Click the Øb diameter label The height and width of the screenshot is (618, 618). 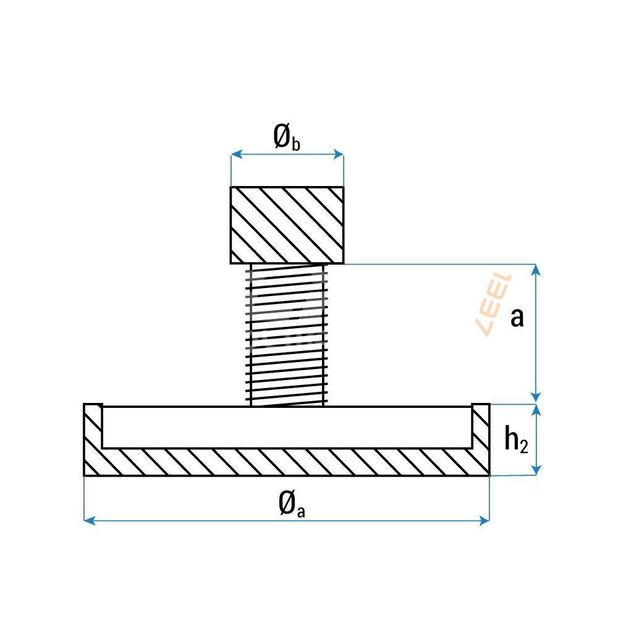[287, 137]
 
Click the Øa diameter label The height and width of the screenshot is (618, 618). [292, 504]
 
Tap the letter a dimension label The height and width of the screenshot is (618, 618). [517, 318]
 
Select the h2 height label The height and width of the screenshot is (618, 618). [516, 439]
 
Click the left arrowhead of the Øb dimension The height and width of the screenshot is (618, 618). [236, 154]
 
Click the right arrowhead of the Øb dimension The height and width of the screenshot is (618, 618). [339, 154]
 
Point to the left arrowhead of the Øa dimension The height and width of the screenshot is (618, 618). [90, 520]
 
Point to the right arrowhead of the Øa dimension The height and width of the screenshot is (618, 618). [484, 520]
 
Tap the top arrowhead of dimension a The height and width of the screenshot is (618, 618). [536, 270]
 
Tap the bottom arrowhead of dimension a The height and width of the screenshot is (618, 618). [536, 397]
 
